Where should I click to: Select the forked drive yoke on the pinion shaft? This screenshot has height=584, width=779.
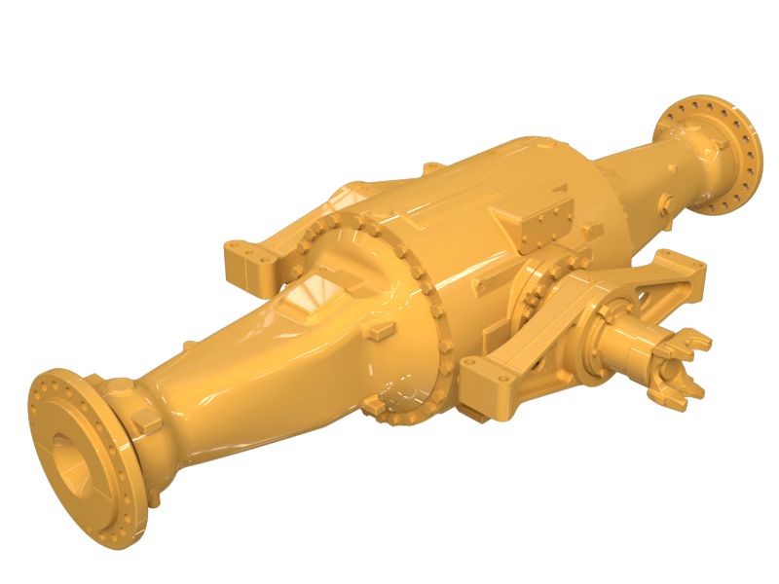point(682,365)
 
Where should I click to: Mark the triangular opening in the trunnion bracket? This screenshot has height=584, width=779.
point(633,291)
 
